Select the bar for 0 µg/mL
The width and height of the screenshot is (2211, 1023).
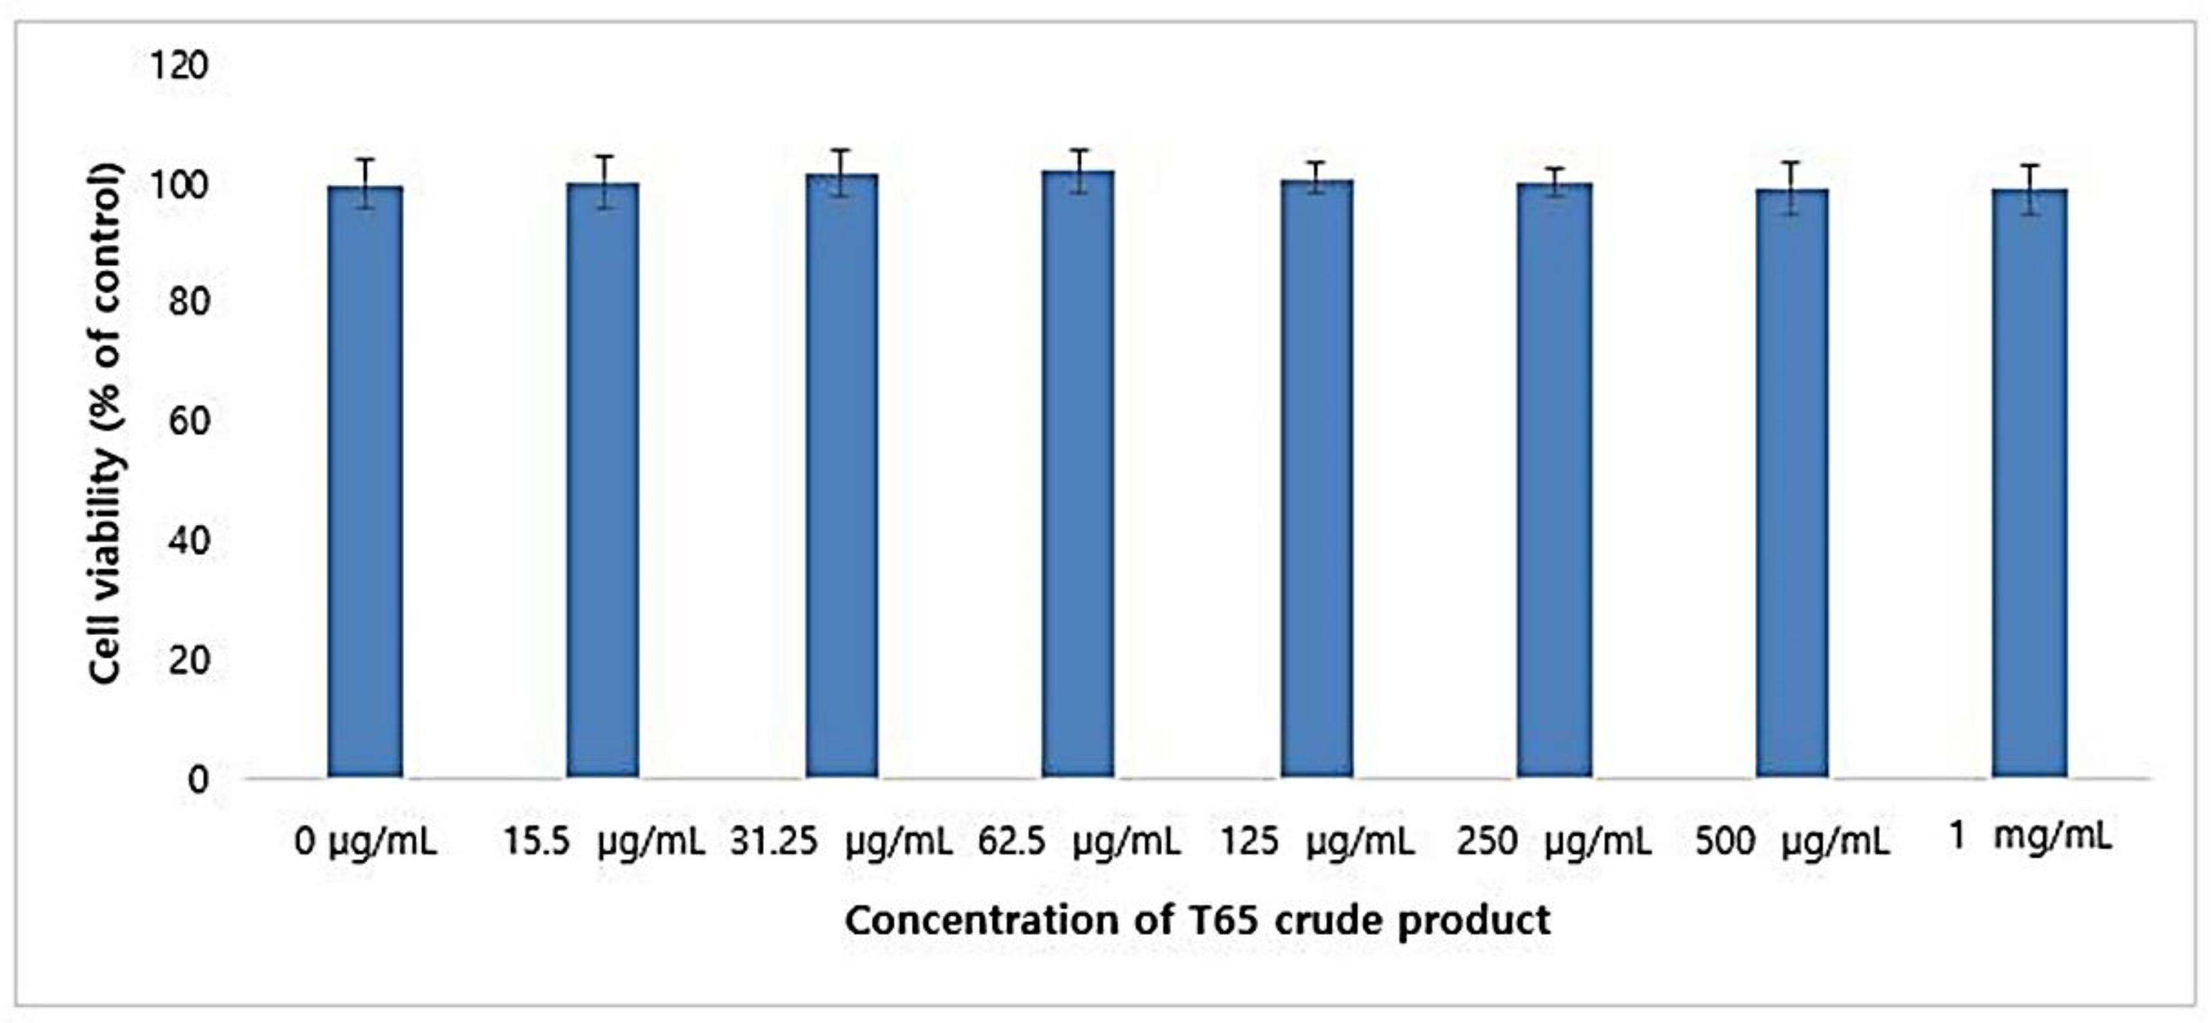click(x=365, y=481)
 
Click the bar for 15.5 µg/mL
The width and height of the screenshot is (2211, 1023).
click(x=602, y=481)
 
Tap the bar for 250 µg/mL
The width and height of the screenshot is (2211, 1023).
click(x=1555, y=481)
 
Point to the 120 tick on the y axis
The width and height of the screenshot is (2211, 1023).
click(x=178, y=65)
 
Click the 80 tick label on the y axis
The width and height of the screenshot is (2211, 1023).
click(x=189, y=302)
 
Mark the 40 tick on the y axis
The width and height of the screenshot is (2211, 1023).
click(x=189, y=541)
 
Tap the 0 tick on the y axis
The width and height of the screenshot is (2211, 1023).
click(x=198, y=779)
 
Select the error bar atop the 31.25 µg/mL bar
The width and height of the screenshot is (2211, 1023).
click(x=841, y=172)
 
